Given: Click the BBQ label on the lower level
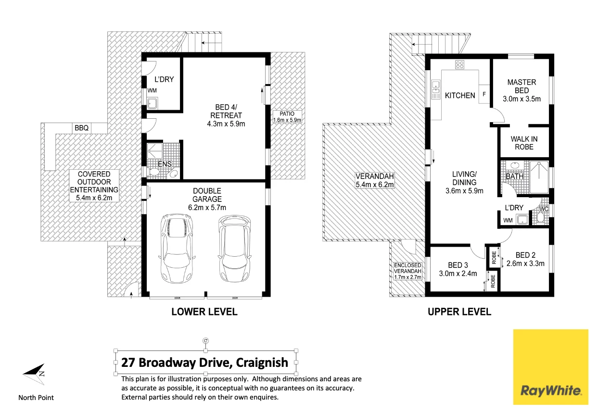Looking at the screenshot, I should point(80,128).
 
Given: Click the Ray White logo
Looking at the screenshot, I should point(550,367).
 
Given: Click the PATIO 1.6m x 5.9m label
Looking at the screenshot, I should point(287,117).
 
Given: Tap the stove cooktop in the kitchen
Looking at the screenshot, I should point(459,64).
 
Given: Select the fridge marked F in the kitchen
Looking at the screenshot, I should point(484,95).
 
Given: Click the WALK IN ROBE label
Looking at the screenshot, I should point(524,143).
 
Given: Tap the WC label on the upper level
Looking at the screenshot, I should point(544,209).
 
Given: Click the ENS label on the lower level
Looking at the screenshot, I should point(165,164).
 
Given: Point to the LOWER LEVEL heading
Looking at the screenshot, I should point(204,312).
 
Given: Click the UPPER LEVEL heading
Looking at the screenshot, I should point(459,312).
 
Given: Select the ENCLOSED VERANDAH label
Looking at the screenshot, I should point(407,271).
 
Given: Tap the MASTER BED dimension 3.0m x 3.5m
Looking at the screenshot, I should point(522,99).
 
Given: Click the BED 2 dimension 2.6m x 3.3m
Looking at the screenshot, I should point(525,263).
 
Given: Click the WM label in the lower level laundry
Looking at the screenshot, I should point(152,90).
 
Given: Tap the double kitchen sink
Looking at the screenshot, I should point(436,89).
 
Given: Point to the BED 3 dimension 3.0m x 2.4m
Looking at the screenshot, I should point(458,274).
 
